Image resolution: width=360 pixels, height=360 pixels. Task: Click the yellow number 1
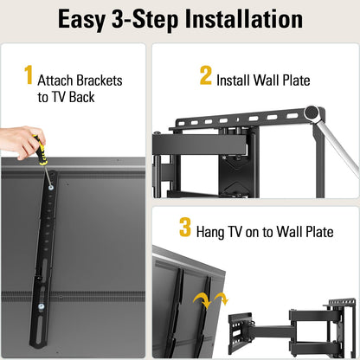(x=28, y=77)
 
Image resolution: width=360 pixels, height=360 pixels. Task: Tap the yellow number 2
(x=205, y=75)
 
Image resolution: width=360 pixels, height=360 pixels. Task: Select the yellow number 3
(x=185, y=228)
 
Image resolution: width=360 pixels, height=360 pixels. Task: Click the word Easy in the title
(x=87, y=19)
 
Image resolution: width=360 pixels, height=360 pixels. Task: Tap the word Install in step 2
(x=237, y=80)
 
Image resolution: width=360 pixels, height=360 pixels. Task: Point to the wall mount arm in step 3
(x=277, y=329)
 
